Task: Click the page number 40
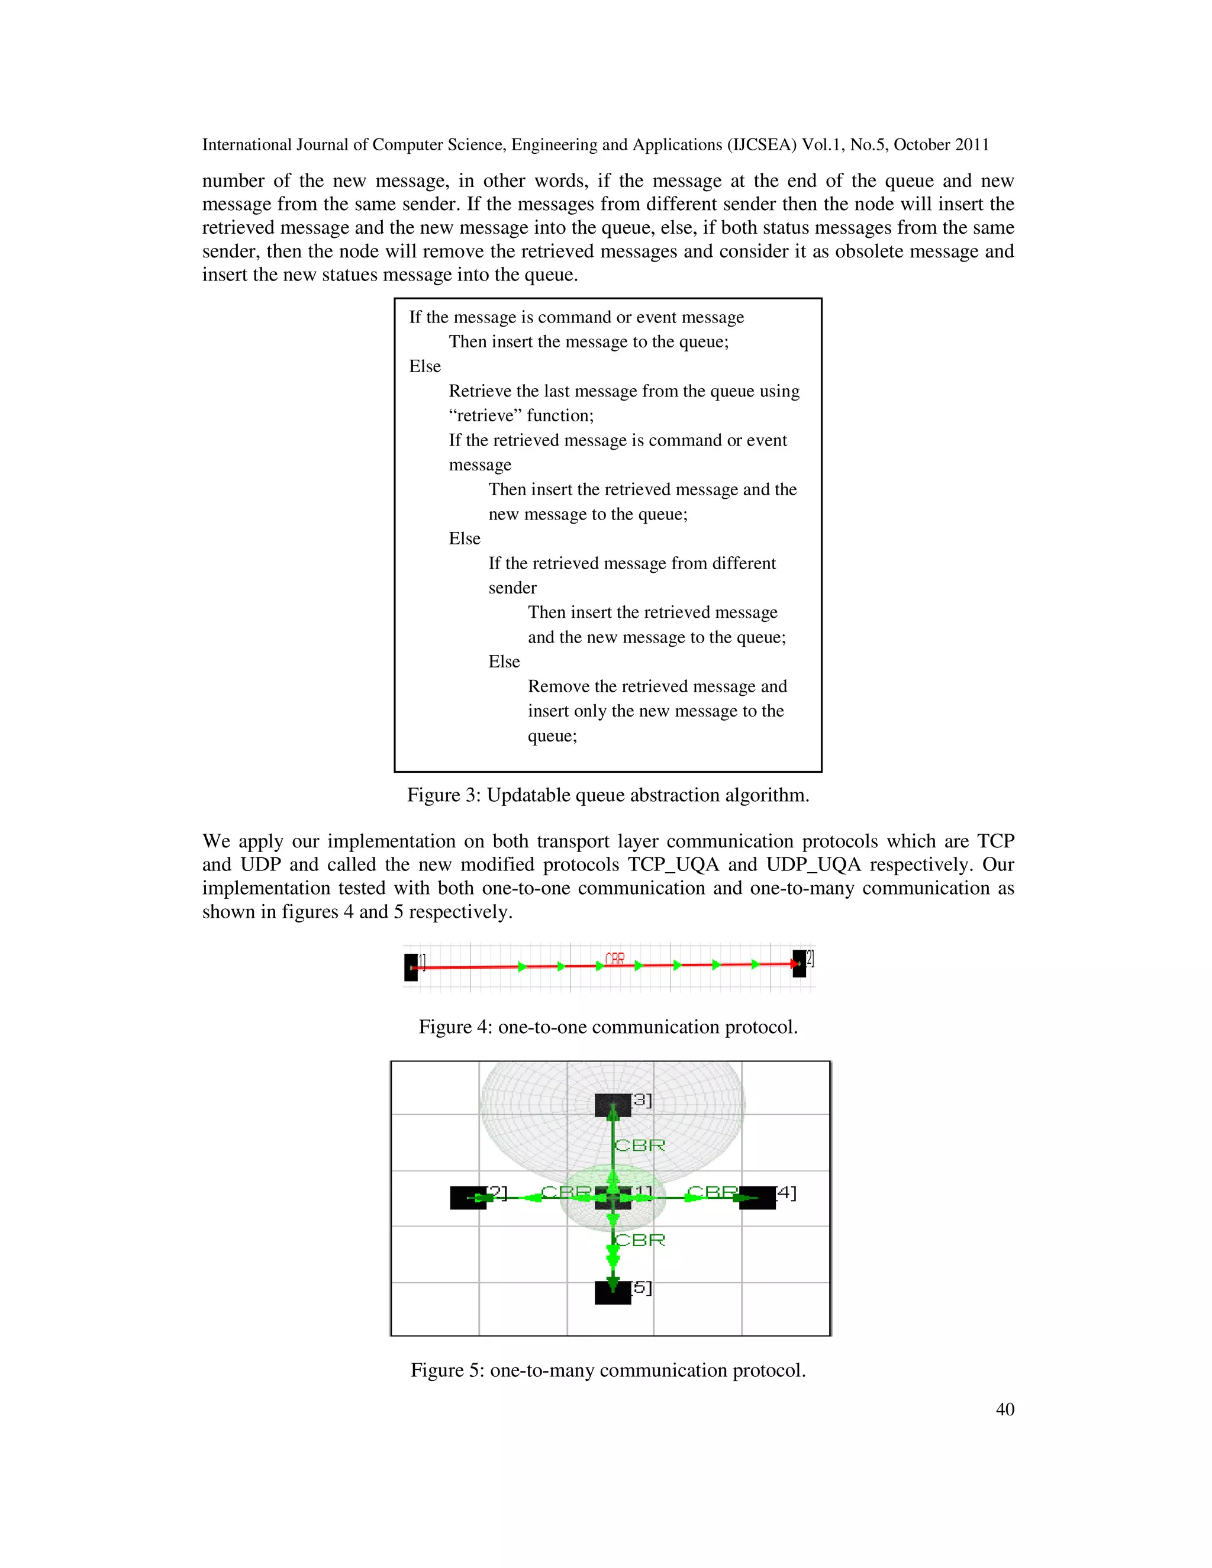point(1004,1409)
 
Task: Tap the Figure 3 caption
point(607,795)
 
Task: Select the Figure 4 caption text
point(607,1027)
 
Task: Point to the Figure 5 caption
point(607,1370)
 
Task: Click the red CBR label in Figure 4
point(615,959)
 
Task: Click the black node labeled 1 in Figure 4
point(411,967)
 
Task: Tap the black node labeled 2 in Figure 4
point(799,963)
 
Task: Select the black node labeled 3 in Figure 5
point(613,1105)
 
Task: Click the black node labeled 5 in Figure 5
point(613,1292)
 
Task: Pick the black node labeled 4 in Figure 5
point(757,1198)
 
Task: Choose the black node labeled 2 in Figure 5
point(468,1198)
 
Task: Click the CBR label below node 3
point(640,1145)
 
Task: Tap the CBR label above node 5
point(640,1240)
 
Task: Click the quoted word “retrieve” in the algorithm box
point(485,416)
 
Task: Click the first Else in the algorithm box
point(424,367)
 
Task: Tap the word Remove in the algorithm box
point(556,686)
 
